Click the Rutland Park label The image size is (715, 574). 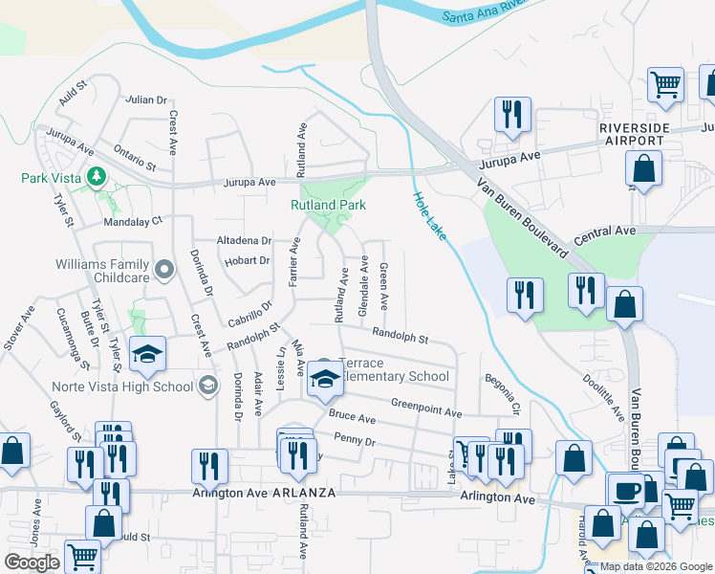coord(328,205)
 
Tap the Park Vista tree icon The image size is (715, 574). coord(97,176)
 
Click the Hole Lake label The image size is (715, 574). coord(429,215)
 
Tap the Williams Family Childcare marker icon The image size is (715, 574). coord(164,270)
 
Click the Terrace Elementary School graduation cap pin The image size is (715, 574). coord(325,380)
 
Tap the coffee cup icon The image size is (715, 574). coord(627,490)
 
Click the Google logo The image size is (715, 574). coord(32,563)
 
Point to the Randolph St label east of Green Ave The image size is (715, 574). coord(400,337)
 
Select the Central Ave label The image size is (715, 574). coord(605,232)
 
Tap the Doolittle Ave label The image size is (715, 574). coord(604,394)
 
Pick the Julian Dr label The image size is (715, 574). coord(146,99)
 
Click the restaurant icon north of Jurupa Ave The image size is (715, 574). coord(512,115)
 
